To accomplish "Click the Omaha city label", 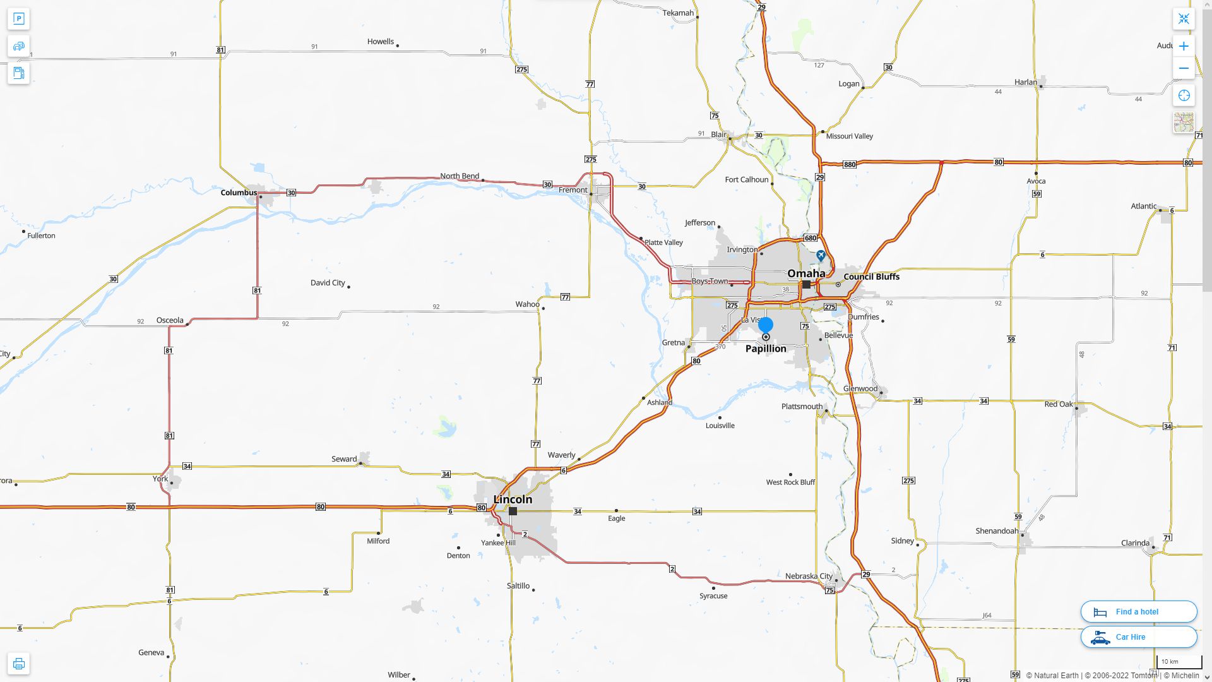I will click(805, 273).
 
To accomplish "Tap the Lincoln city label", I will click(513, 500).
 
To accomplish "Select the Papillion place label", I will click(766, 349).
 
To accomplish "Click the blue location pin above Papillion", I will click(766, 325).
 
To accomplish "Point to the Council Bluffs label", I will click(871, 277).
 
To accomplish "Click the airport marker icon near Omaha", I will click(821, 256).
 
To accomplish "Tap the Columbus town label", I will click(239, 193).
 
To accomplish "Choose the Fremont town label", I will click(573, 190).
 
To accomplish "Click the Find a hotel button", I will click(1138, 612).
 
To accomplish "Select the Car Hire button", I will click(1138, 637).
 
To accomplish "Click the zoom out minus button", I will click(1184, 68).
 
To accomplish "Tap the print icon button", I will click(18, 664).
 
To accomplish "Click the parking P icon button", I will click(18, 19).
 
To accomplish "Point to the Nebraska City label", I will click(809, 576).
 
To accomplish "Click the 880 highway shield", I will click(850, 165).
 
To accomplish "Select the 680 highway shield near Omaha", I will click(811, 238).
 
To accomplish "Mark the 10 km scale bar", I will click(1178, 662).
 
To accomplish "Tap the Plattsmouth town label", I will click(802, 407).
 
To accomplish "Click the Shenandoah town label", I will click(997, 531).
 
